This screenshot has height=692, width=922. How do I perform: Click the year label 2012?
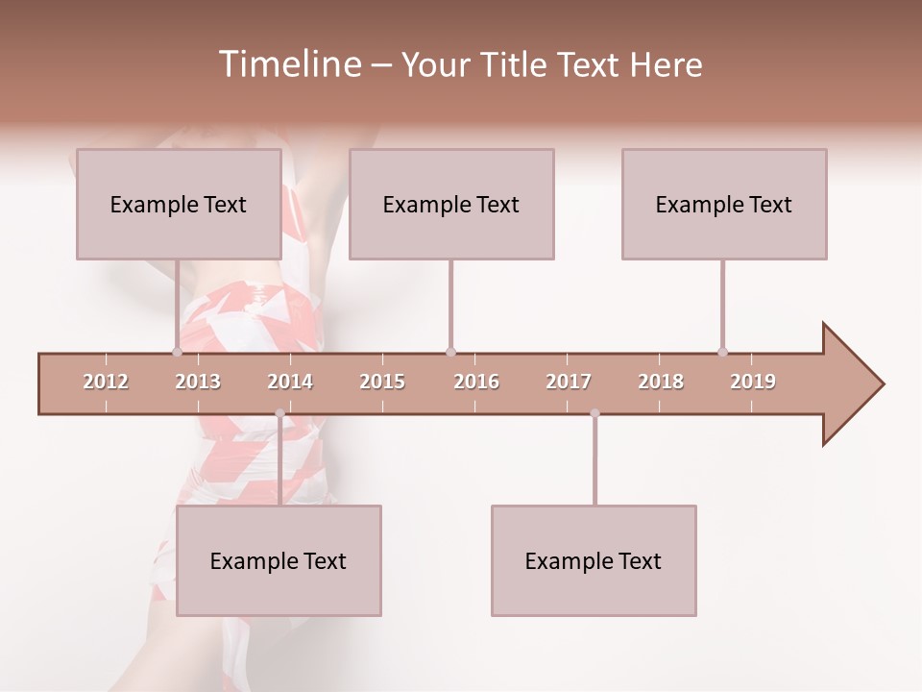tap(106, 382)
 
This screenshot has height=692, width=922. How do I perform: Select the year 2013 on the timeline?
tap(198, 382)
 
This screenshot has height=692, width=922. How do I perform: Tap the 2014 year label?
tap(290, 382)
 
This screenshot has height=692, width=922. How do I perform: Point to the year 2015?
tap(382, 382)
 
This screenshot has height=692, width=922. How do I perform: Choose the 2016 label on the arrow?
tap(476, 382)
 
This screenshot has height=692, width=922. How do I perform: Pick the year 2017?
tap(569, 382)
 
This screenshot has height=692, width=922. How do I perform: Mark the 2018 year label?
tap(661, 382)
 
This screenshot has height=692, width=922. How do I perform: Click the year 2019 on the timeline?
tap(753, 382)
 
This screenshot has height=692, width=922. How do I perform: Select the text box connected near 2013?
tap(179, 204)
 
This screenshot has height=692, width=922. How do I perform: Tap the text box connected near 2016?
tap(451, 204)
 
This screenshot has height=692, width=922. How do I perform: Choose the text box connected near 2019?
tap(724, 204)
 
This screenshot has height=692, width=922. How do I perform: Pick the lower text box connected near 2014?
tap(279, 560)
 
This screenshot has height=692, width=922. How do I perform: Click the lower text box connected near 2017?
tap(594, 560)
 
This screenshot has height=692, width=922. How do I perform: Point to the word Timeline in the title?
tap(287, 64)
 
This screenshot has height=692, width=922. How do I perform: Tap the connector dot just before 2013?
tap(177, 352)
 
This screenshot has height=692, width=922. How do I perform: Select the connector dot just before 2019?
tap(722, 352)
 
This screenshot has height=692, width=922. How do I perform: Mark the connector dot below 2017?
tap(594, 413)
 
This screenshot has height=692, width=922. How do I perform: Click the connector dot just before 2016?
tap(450, 352)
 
